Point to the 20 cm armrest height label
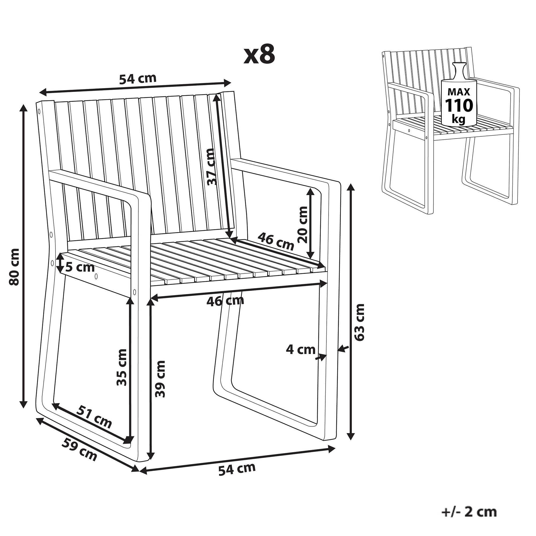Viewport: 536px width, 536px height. coord(304,225)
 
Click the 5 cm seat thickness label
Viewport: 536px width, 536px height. coord(80,268)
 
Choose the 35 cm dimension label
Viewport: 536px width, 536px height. coord(121,368)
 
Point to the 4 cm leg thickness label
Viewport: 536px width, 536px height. coord(301,349)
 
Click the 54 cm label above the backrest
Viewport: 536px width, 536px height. coord(138,79)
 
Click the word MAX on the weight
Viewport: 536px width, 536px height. coord(459,91)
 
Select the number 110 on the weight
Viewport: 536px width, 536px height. coord(459,105)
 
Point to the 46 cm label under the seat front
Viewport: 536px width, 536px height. coord(225,301)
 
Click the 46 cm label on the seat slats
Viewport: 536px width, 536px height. coord(276,241)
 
